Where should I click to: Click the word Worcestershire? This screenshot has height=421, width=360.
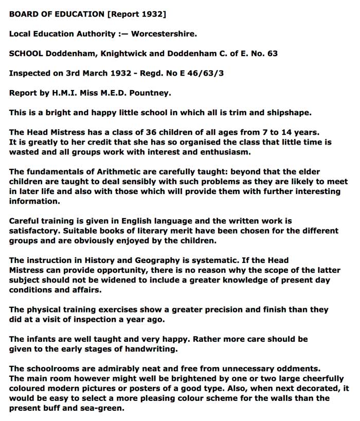[164, 34]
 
